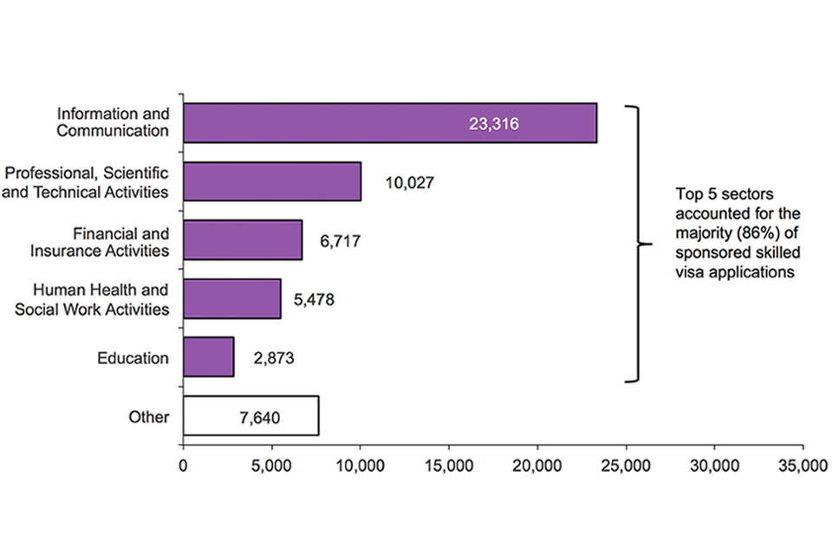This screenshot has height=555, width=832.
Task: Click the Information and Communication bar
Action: [x=390, y=123]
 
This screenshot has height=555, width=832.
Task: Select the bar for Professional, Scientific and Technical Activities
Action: [x=272, y=181]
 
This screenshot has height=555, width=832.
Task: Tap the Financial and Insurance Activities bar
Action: [x=243, y=239]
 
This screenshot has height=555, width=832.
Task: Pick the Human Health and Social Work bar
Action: [x=232, y=298]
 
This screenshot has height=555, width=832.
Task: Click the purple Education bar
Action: [x=209, y=356]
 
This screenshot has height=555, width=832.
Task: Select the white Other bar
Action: [x=251, y=415]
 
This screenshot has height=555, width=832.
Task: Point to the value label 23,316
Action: [x=493, y=124]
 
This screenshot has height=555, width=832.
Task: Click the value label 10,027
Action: [x=408, y=183]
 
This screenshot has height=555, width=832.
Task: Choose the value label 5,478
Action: [x=313, y=300]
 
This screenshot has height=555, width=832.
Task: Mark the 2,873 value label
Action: [x=274, y=357]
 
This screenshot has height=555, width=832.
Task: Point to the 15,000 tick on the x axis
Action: [x=449, y=467]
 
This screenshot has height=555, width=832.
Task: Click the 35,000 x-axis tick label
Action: [x=803, y=467]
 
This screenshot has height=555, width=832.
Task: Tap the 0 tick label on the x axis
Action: [x=183, y=467]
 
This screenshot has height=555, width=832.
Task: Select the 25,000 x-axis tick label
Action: [x=626, y=467]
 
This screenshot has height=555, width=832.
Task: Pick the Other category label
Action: [x=150, y=416]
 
